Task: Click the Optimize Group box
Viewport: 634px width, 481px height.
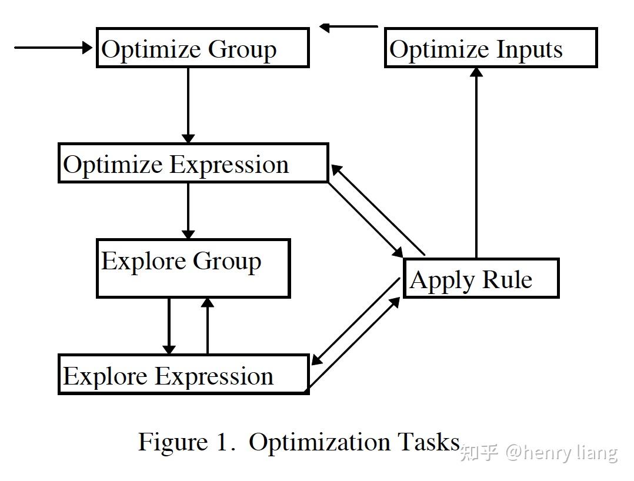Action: tap(202, 48)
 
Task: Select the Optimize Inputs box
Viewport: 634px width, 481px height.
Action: tap(490, 48)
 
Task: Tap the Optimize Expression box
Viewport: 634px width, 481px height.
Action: tap(193, 163)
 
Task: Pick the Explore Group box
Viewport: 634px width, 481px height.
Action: tap(193, 268)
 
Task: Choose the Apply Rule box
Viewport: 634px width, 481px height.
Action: tap(480, 278)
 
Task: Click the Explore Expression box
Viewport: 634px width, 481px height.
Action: tap(183, 375)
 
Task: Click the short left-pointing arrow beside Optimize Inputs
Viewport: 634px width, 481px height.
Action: tap(349, 26)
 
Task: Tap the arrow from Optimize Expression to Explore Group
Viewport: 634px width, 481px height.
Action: tap(188, 211)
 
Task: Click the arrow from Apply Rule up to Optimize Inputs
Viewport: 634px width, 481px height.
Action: tap(476, 162)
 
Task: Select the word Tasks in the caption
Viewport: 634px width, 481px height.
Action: tap(429, 442)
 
